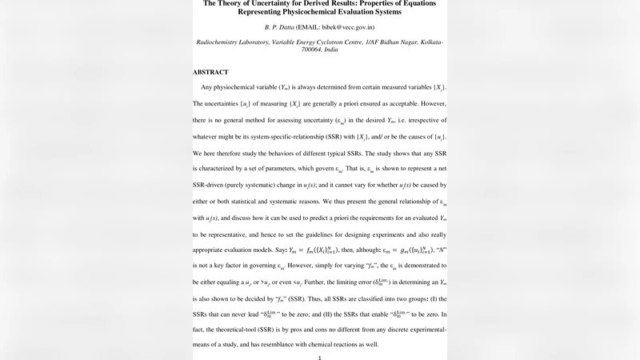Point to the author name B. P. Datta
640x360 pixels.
coord(271,28)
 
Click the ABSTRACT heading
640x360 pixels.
coord(210,72)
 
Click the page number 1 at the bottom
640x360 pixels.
coord(319,357)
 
